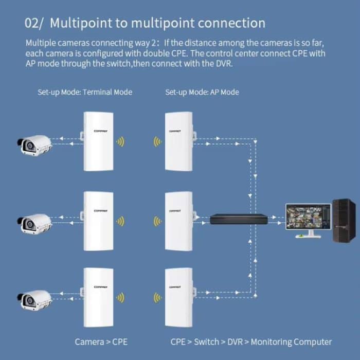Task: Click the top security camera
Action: (34, 146)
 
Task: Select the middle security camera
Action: (34, 222)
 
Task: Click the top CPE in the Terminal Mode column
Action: (100, 141)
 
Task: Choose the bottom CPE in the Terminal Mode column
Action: (100, 297)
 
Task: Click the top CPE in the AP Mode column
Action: (178, 141)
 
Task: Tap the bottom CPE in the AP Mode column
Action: (178, 297)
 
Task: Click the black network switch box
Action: (239, 219)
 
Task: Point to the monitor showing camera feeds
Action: (308, 218)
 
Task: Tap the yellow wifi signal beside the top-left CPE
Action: (120, 142)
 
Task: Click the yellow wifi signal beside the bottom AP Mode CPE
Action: (157, 298)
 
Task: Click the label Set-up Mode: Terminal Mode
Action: (85, 92)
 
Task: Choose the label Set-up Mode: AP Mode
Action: (202, 92)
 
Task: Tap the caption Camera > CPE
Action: (101, 341)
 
